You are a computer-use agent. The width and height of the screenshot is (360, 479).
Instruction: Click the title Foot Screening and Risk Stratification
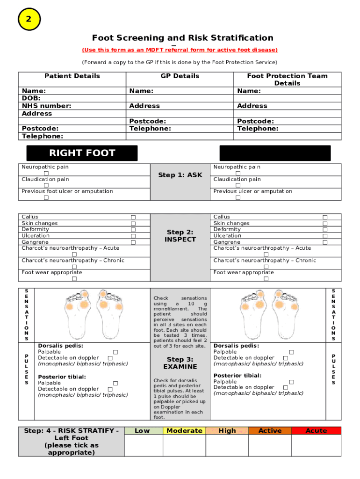tap(182, 38)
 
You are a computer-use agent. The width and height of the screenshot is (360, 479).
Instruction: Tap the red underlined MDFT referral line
tap(180, 50)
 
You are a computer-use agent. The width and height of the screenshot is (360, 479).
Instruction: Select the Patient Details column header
tap(72, 76)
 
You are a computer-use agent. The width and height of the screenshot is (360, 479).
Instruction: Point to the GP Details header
tap(180, 76)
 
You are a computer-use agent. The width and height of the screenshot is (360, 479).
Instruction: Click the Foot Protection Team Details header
tap(287, 80)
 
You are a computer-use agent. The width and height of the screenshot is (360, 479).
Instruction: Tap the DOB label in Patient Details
tap(31, 98)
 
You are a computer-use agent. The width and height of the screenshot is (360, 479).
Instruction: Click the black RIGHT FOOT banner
tap(82, 153)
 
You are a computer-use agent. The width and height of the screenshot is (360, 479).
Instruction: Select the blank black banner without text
tap(275, 153)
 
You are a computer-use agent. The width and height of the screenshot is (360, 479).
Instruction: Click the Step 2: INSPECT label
tap(180, 236)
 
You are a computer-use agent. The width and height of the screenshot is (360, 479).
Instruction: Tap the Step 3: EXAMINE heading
tap(180, 363)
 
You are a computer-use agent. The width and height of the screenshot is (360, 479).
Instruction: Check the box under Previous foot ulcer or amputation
tap(46, 198)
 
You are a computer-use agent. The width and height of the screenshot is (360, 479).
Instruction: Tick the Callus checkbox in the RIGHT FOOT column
tap(133, 217)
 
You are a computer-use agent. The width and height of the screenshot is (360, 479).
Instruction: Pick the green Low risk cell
tap(142, 431)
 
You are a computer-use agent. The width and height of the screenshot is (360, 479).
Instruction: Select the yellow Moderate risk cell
tap(184, 431)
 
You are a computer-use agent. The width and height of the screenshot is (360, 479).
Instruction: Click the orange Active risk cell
tap(270, 431)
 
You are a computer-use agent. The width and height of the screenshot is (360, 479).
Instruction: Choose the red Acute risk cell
tap(316, 431)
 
